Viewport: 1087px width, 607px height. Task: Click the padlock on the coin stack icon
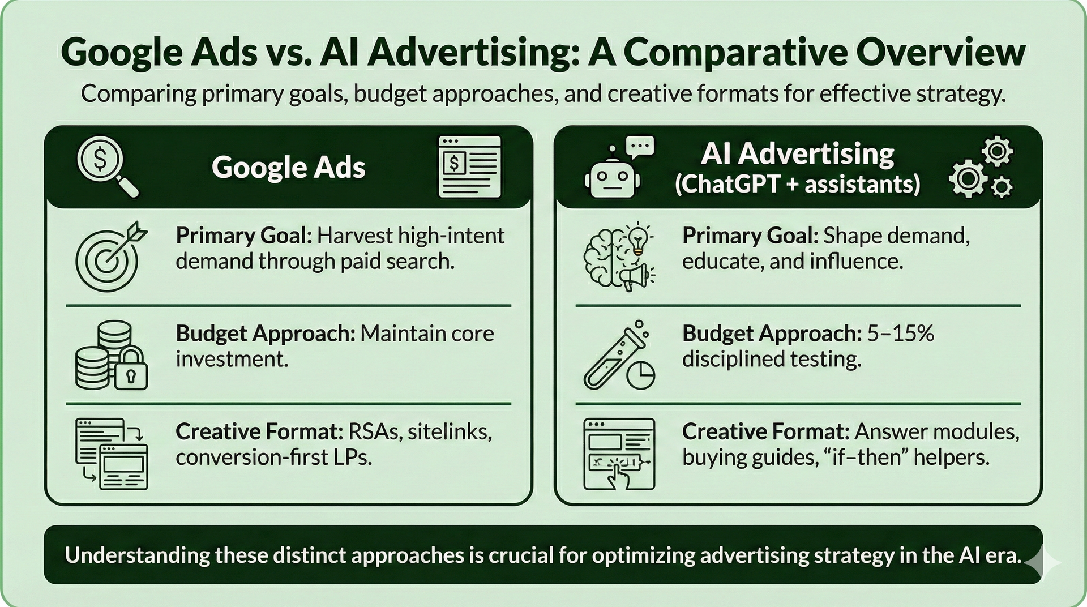tap(131, 371)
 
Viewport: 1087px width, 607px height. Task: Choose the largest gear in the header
tap(968, 177)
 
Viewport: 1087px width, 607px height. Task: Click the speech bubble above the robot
tap(640, 147)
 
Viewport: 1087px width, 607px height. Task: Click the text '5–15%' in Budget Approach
tap(900, 334)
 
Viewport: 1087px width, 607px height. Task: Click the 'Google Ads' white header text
tap(289, 168)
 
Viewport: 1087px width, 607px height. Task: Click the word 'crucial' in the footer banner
tap(520, 555)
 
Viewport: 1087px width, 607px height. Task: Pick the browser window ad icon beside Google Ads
tap(469, 166)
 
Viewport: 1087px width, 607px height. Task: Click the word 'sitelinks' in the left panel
tap(450, 432)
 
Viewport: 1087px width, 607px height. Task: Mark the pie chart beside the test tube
tap(641, 374)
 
